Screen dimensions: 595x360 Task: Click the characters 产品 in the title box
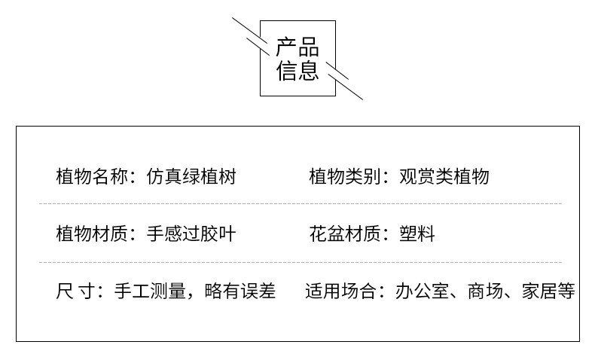pos(297,48)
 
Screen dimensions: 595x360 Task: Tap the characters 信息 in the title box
pos(297,72)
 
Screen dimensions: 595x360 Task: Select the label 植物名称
pos(86,177)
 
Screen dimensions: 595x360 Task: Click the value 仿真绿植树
pos(191,177)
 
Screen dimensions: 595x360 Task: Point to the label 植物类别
pos(339,177)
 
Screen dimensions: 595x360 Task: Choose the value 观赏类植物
pos(444,177)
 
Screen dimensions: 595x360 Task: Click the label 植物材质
pos(86,233)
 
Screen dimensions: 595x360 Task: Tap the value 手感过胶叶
pos(191,233)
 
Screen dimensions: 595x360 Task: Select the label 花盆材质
pos(339,233)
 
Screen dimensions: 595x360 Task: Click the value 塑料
pos(417,233)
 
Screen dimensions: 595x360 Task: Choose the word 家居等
pos(548,291)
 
